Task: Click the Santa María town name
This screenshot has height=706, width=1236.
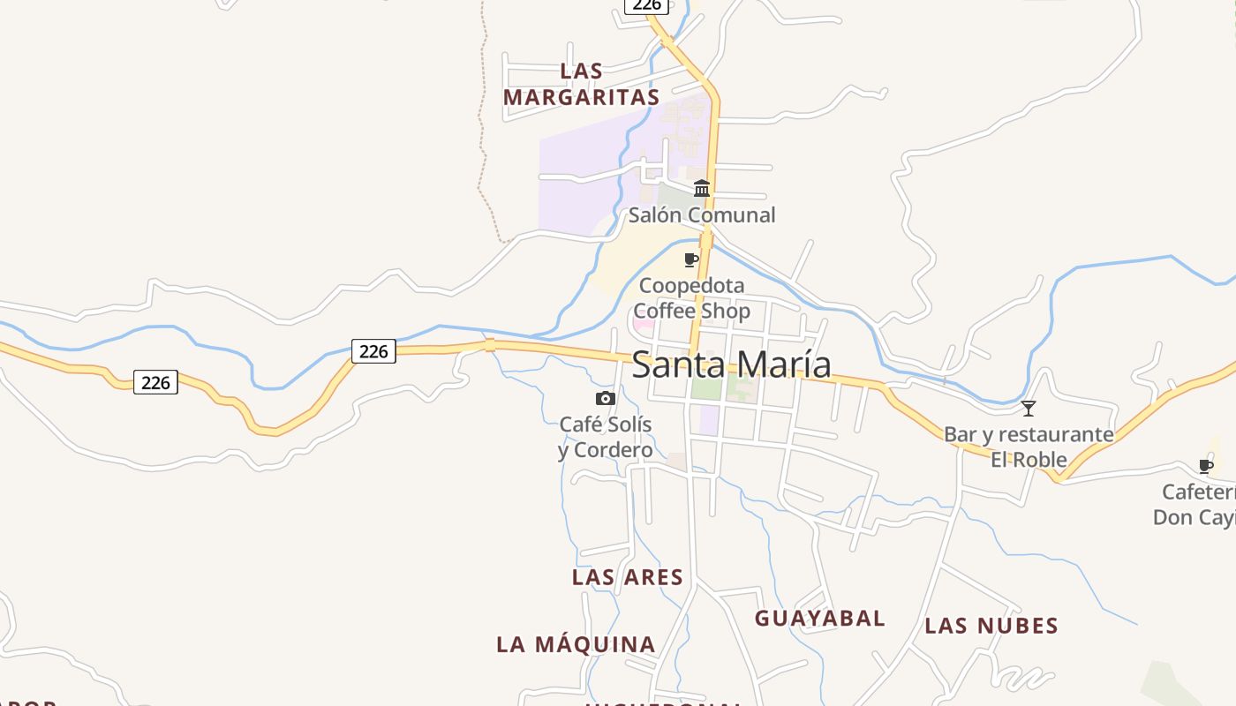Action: point(731,364)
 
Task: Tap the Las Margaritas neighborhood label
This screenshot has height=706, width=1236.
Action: point(582,84)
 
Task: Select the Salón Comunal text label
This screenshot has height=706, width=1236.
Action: point(702,214)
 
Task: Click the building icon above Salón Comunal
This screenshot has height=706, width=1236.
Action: point(702,188)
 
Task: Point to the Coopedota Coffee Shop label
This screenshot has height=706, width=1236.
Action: point(691,298)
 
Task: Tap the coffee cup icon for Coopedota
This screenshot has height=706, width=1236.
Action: point(691,259)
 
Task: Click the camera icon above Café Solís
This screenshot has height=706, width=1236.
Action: point(605,398)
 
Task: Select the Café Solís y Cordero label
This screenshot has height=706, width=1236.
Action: point(606,438)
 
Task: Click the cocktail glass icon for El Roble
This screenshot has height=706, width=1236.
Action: point(1029,408)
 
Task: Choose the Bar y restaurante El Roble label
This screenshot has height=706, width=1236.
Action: point(1029,447)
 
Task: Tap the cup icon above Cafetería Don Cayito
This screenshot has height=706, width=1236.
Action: point(1206,466)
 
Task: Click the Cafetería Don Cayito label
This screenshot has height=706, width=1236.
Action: point(1196,504)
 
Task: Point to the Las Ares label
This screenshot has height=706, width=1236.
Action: point(627,577)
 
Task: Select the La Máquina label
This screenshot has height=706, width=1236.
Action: point(576,644)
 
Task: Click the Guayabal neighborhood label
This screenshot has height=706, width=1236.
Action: point(819,618)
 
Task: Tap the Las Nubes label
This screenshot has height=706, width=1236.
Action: point(991,626)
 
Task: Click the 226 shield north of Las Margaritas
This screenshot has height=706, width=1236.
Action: point(646,5)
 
